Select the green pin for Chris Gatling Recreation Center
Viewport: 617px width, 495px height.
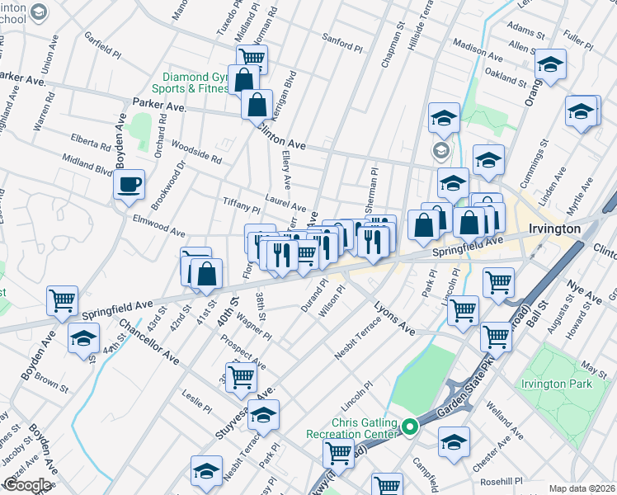tap(410, 426)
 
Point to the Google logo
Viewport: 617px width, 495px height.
tap(26, 485)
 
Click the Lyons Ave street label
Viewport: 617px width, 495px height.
tap(394, 317)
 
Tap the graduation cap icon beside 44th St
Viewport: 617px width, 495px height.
tap(83, 339)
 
